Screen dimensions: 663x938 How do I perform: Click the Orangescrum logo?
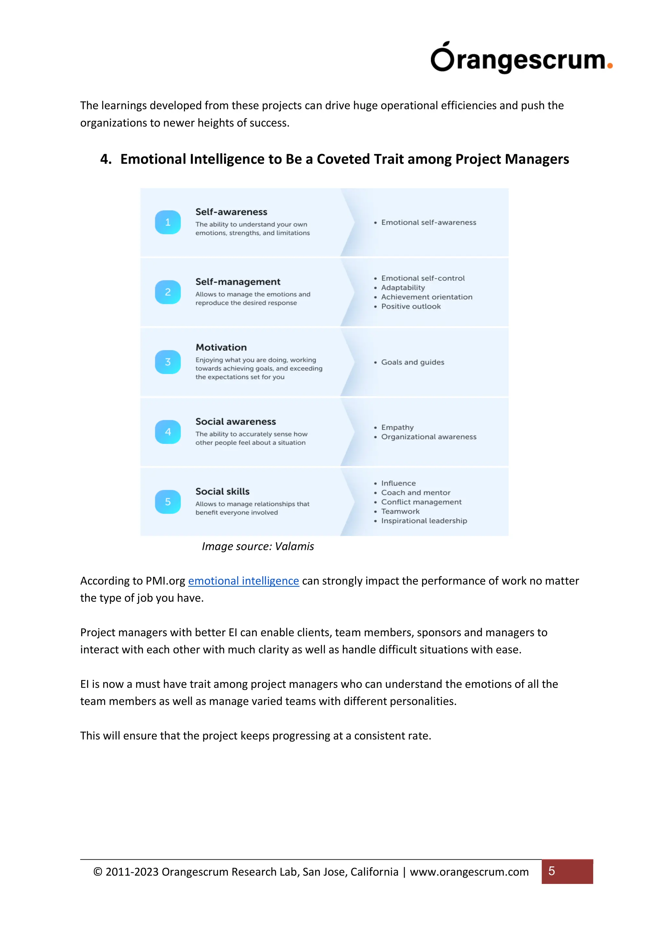(x=521, y=58)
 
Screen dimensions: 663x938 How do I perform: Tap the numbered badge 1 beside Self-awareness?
(x=168, y=222)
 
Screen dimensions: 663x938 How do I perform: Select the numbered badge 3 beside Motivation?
(x=168, y=362)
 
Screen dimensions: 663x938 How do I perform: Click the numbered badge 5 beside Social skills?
(x=168, y=502)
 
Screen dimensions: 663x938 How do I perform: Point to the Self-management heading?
(x=238, y=282)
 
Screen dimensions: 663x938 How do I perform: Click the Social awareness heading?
(x=236, y=422)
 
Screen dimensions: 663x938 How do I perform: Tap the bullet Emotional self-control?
(x=423, y=278)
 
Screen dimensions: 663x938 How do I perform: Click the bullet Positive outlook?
(x=411, y=307)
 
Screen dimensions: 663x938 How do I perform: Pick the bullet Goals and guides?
(x=412, y=362)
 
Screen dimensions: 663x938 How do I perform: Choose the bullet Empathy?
(x=397, y=427)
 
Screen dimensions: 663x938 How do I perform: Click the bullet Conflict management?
(x=421, y=502)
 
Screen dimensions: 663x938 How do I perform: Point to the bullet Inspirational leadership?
(x=424, y=521)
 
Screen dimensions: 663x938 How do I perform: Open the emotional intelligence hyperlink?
(x=243, y=581)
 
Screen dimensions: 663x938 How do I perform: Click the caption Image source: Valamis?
(x=258, y=547)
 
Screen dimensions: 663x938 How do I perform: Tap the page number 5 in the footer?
(x=552, y=871)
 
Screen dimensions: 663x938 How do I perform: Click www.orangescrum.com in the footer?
(x=469, y=872)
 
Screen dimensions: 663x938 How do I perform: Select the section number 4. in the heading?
(x=106, y=159)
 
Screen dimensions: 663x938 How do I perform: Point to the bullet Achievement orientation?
(x=427, y=297)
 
